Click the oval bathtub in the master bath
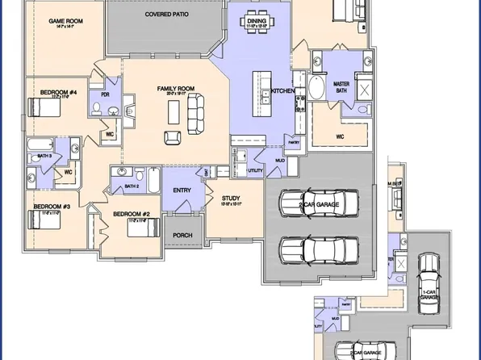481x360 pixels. click(317, 86)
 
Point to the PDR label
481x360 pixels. click(105, 93)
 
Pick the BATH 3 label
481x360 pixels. click(44, 155)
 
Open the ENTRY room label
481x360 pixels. click(182, 190)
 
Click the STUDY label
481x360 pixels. click(231, 197)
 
